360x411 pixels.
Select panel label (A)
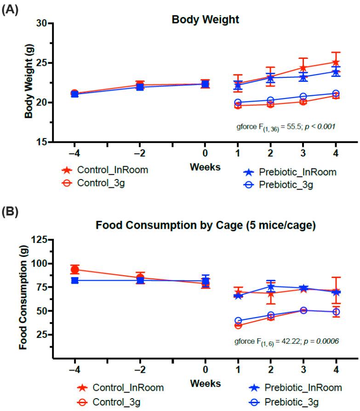[11, 9]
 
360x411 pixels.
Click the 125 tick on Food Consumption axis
[40, 240]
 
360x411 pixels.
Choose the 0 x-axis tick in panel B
[205, 369]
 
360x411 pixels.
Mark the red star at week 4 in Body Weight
[336, 63]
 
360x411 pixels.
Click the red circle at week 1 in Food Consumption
[238, 325]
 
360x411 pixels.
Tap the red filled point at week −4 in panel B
[74, 270]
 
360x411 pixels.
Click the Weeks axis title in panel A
[205, 167]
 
